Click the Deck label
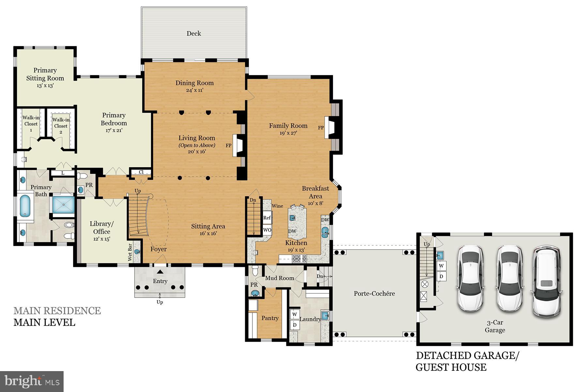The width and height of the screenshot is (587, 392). [x=194, y=33]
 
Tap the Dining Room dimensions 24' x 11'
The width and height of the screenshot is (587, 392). [x=195, y=90]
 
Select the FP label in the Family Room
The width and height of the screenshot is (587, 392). [x=321, y=128]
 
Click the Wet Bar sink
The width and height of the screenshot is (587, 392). [x=137, y=252]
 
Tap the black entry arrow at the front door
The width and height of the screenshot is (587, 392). [x=160, y=271]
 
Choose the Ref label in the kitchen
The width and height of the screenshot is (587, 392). [x=267, y=218]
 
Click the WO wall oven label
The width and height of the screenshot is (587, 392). [x=267, y=230]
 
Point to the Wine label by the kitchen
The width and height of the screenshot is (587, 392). [x=277, y=206]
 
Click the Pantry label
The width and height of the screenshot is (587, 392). [x=270, y=318]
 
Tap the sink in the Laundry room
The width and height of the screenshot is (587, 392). [x=325, y=316]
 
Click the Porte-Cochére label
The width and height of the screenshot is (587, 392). [x=374, y=293]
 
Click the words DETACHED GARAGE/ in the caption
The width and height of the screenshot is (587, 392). [x=467, y=355]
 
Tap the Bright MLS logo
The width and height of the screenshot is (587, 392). [x=32, y=381]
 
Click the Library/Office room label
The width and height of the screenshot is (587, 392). [x=102, y=228]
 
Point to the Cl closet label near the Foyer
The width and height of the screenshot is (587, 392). [x=141, y=172]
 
